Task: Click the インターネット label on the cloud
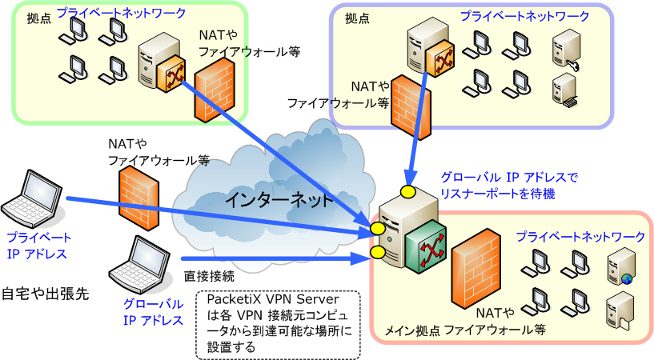tap(279, 200)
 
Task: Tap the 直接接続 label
tap(209, 276)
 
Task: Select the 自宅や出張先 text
tap(46, 294)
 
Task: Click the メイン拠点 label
tap(411, 331)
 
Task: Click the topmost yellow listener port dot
tap(407, 192)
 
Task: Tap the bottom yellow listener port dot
tap(377, 252)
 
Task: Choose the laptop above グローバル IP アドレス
tap(140, 265)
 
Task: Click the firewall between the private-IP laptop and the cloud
tap(139, 198)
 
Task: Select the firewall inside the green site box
tap(215, 90)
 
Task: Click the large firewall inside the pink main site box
tap(476, 269)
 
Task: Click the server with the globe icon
tap(621, 266)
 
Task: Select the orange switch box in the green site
tap(171, 74)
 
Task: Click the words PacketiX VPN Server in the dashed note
tap(273, 299)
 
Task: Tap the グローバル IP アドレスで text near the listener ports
tap(509, 178)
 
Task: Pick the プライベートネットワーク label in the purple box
tap(524, 16)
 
